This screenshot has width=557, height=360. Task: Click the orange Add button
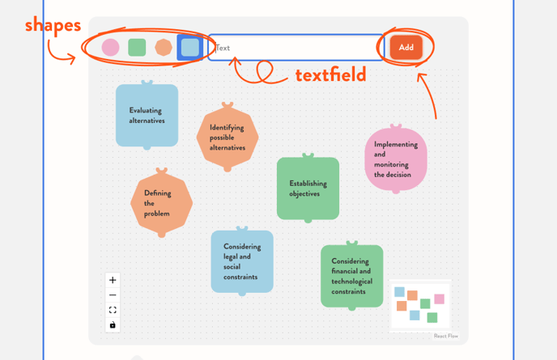406,47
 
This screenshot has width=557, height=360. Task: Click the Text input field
296,48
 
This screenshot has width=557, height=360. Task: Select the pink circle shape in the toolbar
111,48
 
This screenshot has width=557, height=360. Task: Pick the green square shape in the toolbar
137,48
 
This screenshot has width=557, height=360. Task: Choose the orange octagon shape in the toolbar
164,48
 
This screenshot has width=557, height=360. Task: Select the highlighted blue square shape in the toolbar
189,48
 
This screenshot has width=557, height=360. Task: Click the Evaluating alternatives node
147,116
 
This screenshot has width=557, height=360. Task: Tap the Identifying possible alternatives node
227,138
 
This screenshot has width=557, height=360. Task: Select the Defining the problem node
161,203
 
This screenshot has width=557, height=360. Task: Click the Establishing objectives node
308,188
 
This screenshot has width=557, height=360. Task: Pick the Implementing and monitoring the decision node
395,159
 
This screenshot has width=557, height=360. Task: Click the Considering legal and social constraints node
242,261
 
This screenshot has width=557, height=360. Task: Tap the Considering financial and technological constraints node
351,276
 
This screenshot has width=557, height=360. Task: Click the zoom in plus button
113,280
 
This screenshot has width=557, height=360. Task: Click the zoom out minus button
113,295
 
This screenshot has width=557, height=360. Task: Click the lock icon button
113,325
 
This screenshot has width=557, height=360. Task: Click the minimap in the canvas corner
420,305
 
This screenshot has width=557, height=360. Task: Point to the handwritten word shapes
53,25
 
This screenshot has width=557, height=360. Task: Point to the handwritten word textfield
330,76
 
